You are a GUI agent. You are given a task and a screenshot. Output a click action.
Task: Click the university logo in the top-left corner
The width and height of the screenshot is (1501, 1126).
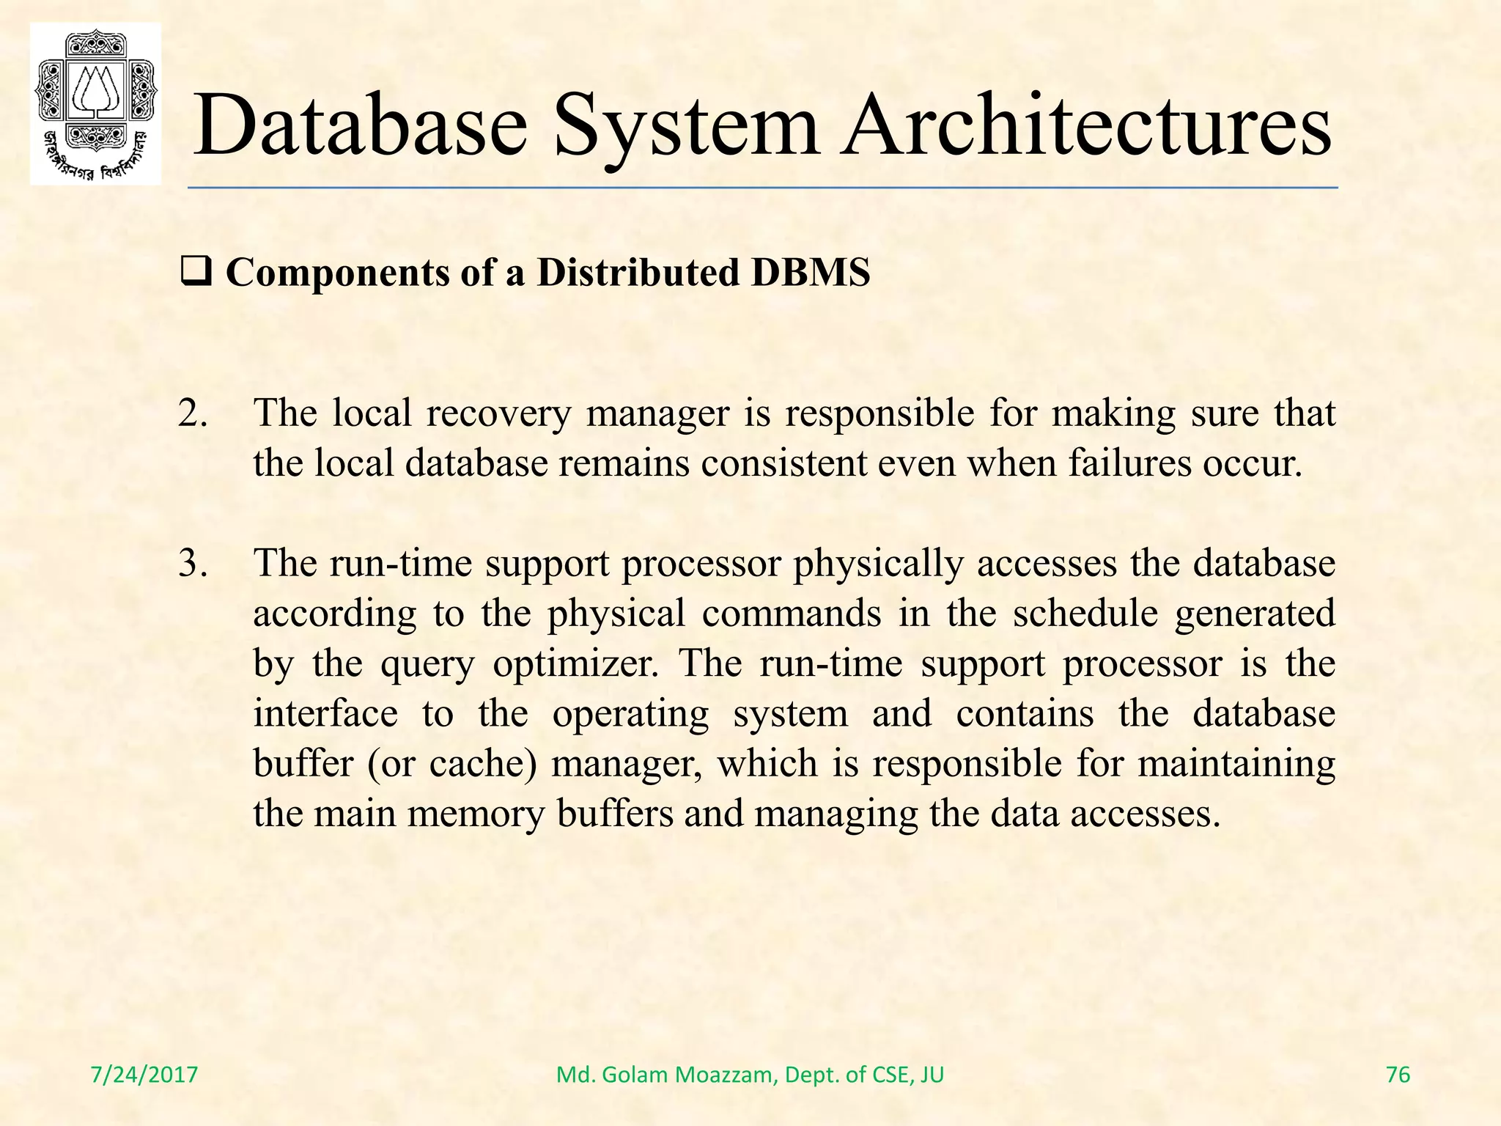click(x=95, y=104)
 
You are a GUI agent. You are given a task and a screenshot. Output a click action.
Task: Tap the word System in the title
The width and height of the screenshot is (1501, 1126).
click(x=687, y=126)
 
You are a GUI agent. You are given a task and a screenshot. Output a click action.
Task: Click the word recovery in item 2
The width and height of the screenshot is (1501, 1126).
click(x=498, y=413)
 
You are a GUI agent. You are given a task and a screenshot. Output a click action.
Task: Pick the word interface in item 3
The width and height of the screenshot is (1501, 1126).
click(x=325, y=714)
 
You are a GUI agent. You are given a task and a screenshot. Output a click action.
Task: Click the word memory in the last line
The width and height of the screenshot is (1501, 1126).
click(x=476, y=814)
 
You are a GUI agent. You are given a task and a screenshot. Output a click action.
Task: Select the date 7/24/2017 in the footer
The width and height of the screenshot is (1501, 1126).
click(x=144, y=1075)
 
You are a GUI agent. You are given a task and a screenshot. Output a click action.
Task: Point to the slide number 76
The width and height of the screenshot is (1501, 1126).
click(x=1398, y=1075)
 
